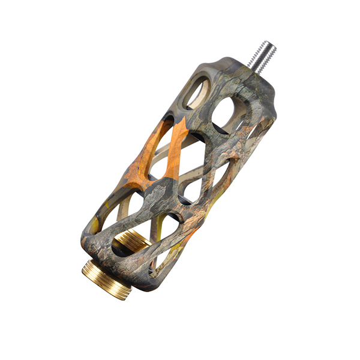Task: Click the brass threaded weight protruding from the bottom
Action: point(108,278)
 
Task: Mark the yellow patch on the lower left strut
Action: point(99,213)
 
